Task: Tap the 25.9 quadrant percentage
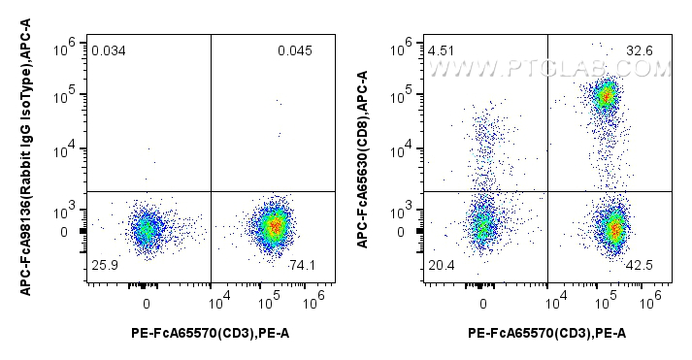click(x=104, y=265)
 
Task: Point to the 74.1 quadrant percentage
click(x=303, y=265)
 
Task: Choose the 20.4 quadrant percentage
click(x=441, y=265)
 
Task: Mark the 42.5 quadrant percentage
click(x=642, y=265)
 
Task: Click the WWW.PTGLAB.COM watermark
click(x=549, y=69)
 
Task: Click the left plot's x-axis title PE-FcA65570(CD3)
click(x=210, y=335)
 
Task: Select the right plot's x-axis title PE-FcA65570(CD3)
click(x=546, y=335)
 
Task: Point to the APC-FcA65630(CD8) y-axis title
click(x=363, y=160)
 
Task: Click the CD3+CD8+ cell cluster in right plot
click(x=606, y=95)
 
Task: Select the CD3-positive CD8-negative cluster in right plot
click(x=612, y=229)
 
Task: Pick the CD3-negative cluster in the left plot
click(x=146, y=229)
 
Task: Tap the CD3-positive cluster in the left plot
click(x=275, y=226)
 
